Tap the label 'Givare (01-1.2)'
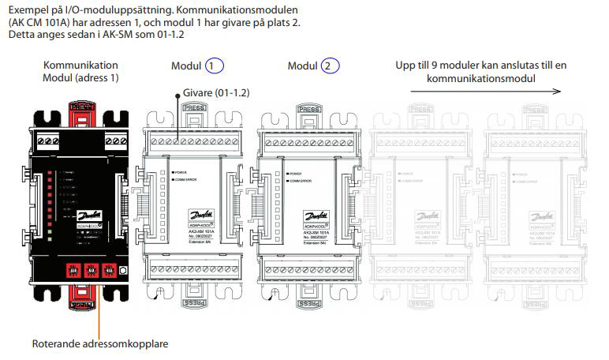click(212, 92)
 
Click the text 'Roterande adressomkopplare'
click(99, 344)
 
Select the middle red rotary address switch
click(92, 271)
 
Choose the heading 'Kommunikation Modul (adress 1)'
click(80, 71)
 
